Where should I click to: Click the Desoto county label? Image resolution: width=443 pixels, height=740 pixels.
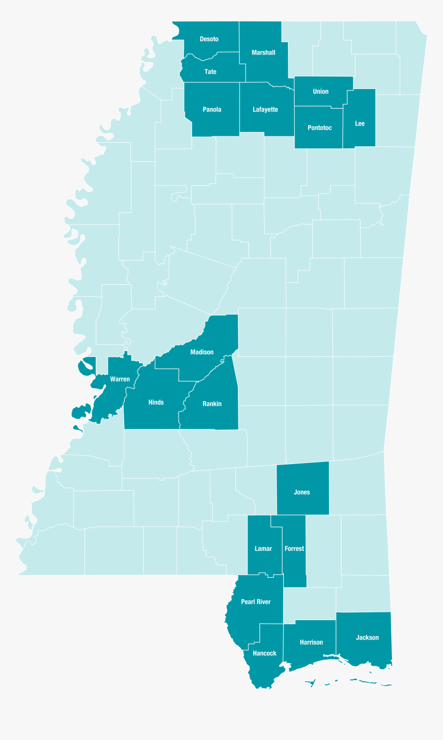(x=209, y=39)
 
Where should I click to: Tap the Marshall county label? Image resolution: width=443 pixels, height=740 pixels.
(x=263, y=53)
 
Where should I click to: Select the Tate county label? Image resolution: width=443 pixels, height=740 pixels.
(x=210, y=72)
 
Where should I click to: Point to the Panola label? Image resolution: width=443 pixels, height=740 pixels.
(x=212, y=110)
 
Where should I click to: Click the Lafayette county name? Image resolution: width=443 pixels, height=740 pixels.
(x=265, y=110)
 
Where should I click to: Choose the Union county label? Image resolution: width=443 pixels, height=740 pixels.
(x=320, y=92)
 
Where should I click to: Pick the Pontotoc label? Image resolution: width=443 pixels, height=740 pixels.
(x=319, y=128)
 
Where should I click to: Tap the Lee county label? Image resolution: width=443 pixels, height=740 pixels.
(x=360, y=124)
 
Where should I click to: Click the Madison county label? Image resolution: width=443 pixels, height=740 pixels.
(x=201, y=352)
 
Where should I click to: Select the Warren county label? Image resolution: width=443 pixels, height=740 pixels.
(x=120, y=379)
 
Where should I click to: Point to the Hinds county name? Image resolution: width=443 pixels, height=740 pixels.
(x=156, y=402)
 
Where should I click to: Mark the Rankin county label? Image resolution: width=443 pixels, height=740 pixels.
(x=212, y=404)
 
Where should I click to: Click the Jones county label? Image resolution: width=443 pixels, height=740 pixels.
(x=302, y=492)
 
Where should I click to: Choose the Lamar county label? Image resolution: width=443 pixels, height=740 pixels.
(x=263, y=548)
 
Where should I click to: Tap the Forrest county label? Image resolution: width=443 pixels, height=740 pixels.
(x=294, y=548)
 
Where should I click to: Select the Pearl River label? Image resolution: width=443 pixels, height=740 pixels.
(x=255, y=601)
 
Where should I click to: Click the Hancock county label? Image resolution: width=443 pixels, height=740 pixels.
(x=264, y=653)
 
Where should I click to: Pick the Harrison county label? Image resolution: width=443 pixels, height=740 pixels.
(x=311, y=642)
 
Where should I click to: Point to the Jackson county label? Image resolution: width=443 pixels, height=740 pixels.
(x=367, y=638)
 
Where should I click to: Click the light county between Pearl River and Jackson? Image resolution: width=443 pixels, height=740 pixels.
(x=309, y=604)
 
